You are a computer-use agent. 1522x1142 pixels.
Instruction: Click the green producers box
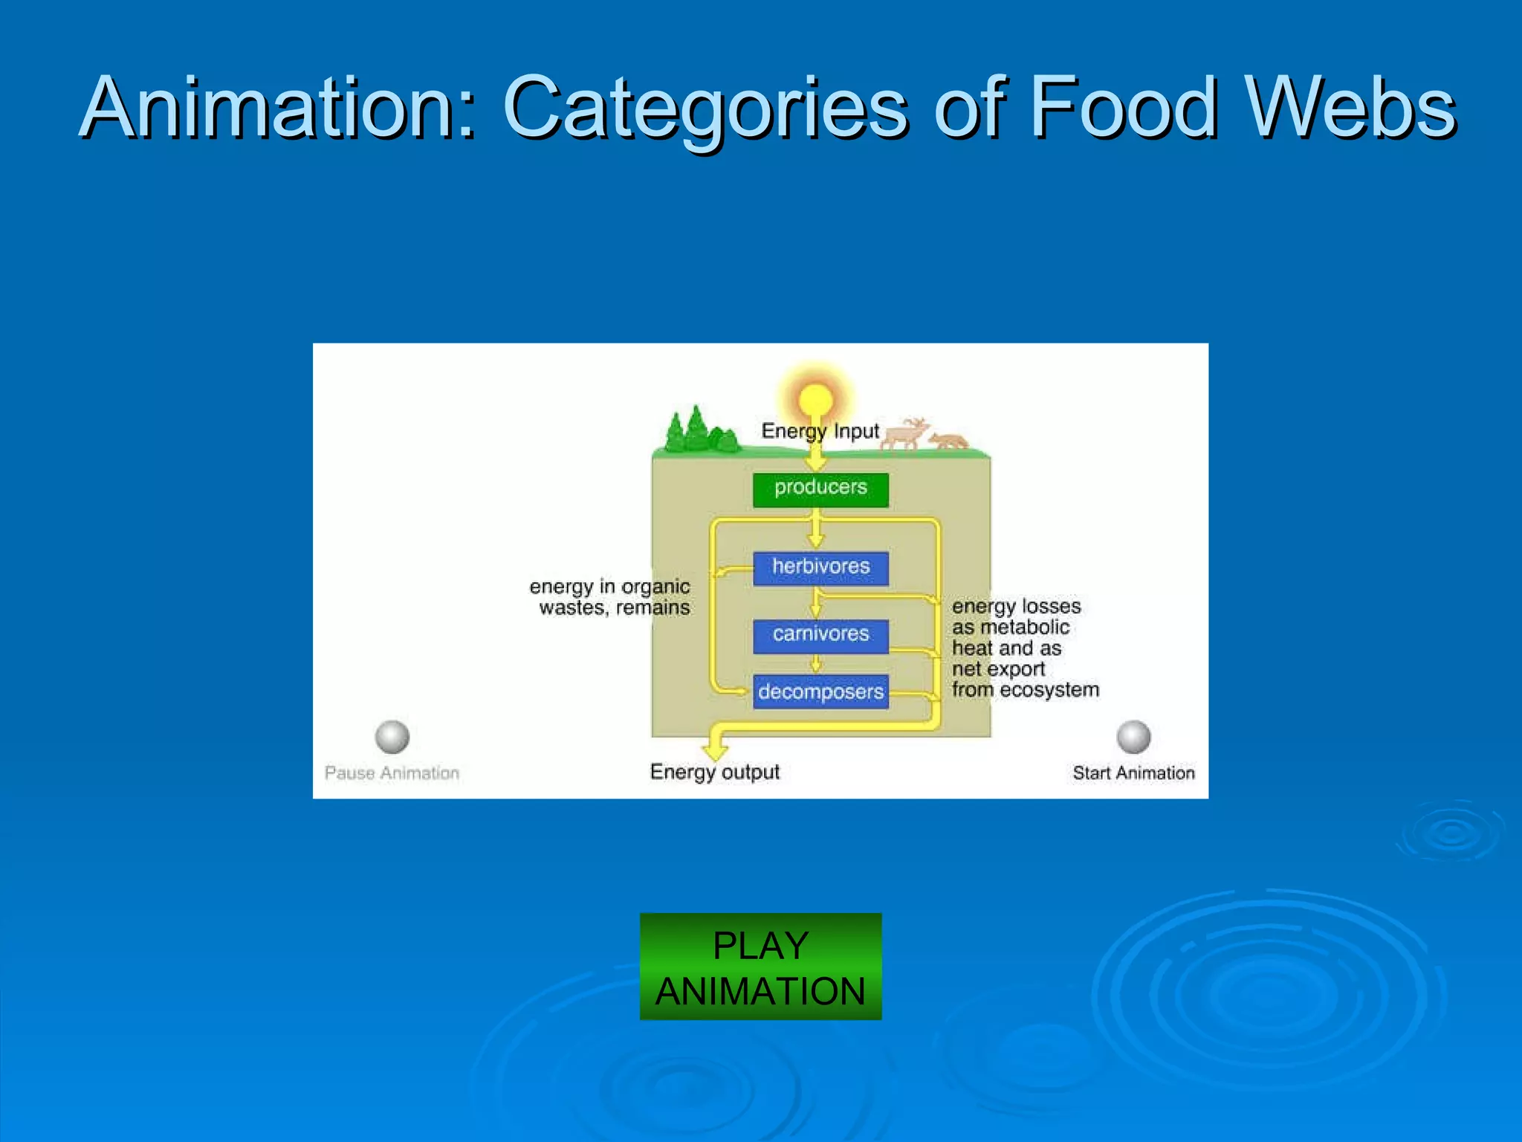820,489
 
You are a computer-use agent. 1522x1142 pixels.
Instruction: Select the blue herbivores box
820,568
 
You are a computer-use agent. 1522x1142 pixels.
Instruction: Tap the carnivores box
820,636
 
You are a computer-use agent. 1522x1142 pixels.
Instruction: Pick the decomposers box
820,691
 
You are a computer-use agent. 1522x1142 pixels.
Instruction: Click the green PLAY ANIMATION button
760,967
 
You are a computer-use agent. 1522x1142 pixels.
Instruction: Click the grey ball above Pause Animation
392,737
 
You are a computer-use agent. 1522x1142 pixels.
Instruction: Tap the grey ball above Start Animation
1133,737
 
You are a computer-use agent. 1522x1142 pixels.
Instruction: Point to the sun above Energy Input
815,398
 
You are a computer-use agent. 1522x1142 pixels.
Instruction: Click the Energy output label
714,772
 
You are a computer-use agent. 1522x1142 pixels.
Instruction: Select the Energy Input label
820,431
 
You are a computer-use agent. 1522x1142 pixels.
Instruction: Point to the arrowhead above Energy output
716,749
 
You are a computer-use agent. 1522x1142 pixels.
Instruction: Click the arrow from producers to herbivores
816,529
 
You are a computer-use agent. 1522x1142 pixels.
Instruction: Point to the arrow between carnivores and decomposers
816,663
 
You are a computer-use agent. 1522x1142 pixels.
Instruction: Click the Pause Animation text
392,773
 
